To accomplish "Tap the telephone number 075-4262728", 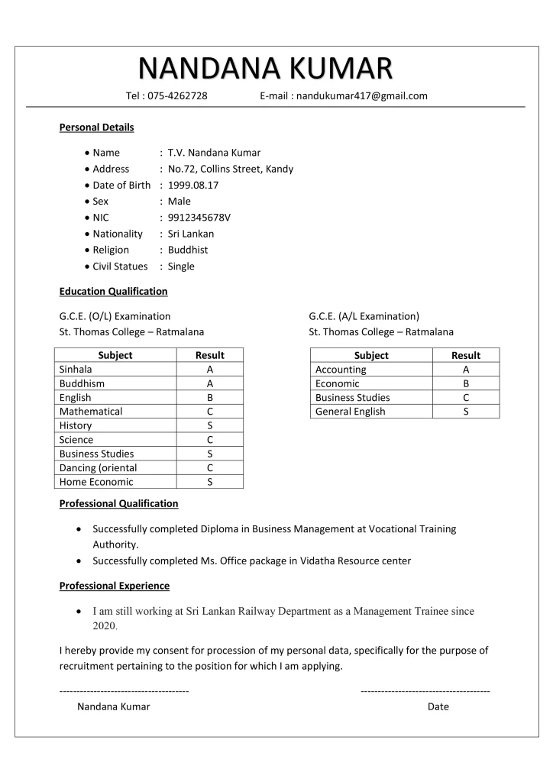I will (x=177, y=96).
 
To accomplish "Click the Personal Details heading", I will (x=96, y=128).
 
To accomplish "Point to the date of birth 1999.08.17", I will (x=193, y=185).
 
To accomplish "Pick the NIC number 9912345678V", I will (x=199, y=218).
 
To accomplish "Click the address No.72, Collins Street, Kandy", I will (x=230, y=169).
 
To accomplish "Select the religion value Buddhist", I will (x=188, y=250).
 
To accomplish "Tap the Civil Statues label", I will (x=120, y=267).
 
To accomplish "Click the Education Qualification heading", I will (x=113, y=292).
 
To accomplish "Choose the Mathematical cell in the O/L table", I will (x=91, y=412).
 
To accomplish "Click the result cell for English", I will (x=209, y=398).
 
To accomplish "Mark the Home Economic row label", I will (x=96, y=482).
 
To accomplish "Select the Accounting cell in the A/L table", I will (x=341, y=370).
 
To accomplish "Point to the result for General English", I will (x=466, y=412).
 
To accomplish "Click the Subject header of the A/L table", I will (x=371, y=355).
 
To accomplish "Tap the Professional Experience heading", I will (x=115, y=586).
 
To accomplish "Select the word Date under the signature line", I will (x=438, y=706).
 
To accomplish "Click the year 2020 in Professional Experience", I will (x=105, y=626).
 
